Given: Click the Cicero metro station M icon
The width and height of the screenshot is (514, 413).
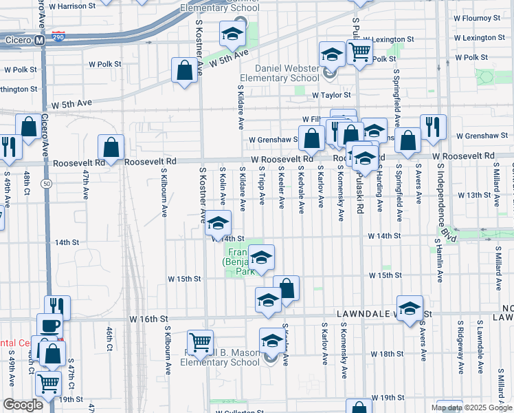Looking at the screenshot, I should point(40,40).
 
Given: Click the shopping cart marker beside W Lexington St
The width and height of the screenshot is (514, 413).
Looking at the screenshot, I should point(359,51).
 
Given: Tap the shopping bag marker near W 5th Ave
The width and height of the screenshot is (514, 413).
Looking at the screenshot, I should point(185,71).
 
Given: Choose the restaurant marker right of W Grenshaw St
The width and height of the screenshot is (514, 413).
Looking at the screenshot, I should point(433,127).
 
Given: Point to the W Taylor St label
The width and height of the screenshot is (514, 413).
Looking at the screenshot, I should point(331,95).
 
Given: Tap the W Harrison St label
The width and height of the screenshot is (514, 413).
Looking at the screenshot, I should point(71,6).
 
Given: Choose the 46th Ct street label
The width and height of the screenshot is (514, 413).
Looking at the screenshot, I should point(109,339).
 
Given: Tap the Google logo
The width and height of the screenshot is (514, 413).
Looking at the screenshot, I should point(23,405).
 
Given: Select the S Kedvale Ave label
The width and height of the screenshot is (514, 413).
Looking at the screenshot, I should point(302,189).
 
